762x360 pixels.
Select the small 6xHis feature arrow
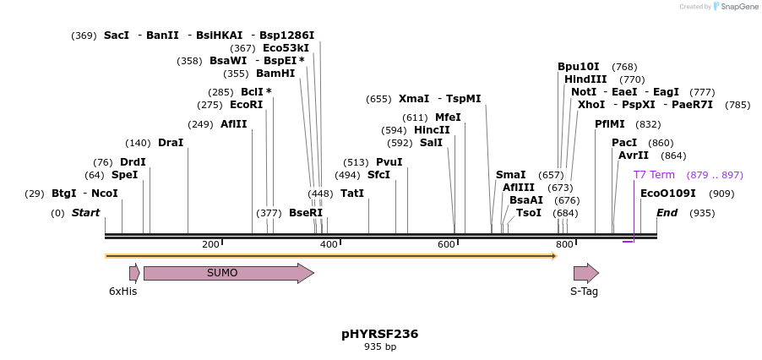pyautogui.click(x=134, y=273)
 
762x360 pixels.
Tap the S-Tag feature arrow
pyautogui.click(x=585, y=273)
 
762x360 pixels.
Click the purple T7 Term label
pyautogui.click(x=655, y=175)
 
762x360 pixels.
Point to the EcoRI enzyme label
pyautogui.click(x=247, y=105)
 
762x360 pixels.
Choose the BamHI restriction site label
pyautogui.click(x=275, y=74)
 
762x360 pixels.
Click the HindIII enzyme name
pyautogui.click(x=585, y=79)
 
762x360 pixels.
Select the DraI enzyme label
pyautogui.click(x=171, y=143)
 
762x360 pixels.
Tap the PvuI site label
pyautogui.click(x=389, y=162)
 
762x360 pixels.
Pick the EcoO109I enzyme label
pyautogui.click(x=668, y=194)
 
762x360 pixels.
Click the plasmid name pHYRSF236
pyautogui.click(x=380, y=334)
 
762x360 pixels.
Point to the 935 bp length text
pyautogui.click(x=380, y=347)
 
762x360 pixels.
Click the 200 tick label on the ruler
pyautogui.click(x=210, y=244)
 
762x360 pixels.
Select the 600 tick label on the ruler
pyautogui.click(x=446, y=244)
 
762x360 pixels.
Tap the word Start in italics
pyautogui.click(x=85, y=213)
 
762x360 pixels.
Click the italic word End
pyautogui.click(x=667, y=213)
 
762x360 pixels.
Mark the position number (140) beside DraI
pyautogui.click(x=138, y=143)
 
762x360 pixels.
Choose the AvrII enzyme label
pyautogui.click(x=634, y=155)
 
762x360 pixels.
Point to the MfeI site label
pyautogui.click(x=449, y=117)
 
